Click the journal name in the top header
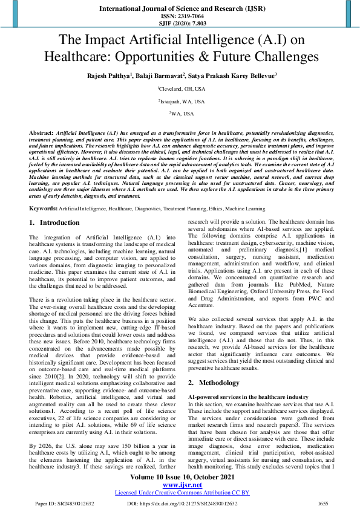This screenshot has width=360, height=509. click(x=180, y=8)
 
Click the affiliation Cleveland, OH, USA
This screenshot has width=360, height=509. click(x=180, y=88)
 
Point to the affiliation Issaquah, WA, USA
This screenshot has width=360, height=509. click(x=180, y=101)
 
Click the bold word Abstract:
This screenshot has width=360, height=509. click(x=42, y=131)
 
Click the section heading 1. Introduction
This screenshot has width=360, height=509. click(x=54, y=223)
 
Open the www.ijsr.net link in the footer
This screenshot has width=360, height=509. click(x=180, y=485)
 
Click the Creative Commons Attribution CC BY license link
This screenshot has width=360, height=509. click(x=180, y=492)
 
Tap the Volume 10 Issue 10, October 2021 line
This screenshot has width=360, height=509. click(x=180, y=477)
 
